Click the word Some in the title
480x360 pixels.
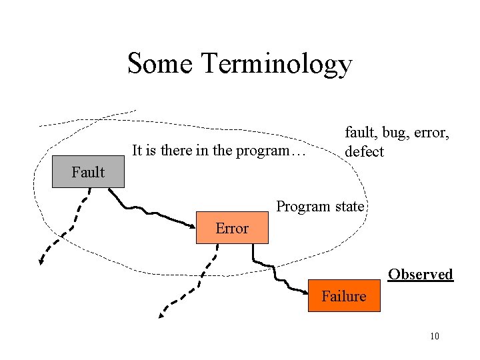[160, 64]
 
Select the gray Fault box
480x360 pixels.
[88, 173]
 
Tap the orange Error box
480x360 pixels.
[232, 228]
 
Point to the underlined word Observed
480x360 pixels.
[421, 275]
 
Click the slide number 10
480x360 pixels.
[435, 336]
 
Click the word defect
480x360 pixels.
[364, 152]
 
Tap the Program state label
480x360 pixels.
[320, 206]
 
